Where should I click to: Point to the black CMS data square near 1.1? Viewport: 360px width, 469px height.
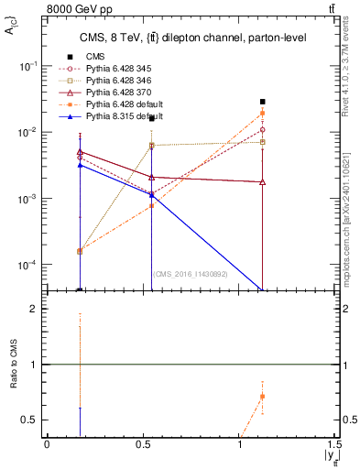point(263,102)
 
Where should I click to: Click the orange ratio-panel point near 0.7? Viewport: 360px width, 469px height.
point(263,397)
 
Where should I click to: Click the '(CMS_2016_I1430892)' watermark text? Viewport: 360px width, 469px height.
point(191,273)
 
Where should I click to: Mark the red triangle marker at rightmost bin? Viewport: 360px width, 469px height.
point(263,182)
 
